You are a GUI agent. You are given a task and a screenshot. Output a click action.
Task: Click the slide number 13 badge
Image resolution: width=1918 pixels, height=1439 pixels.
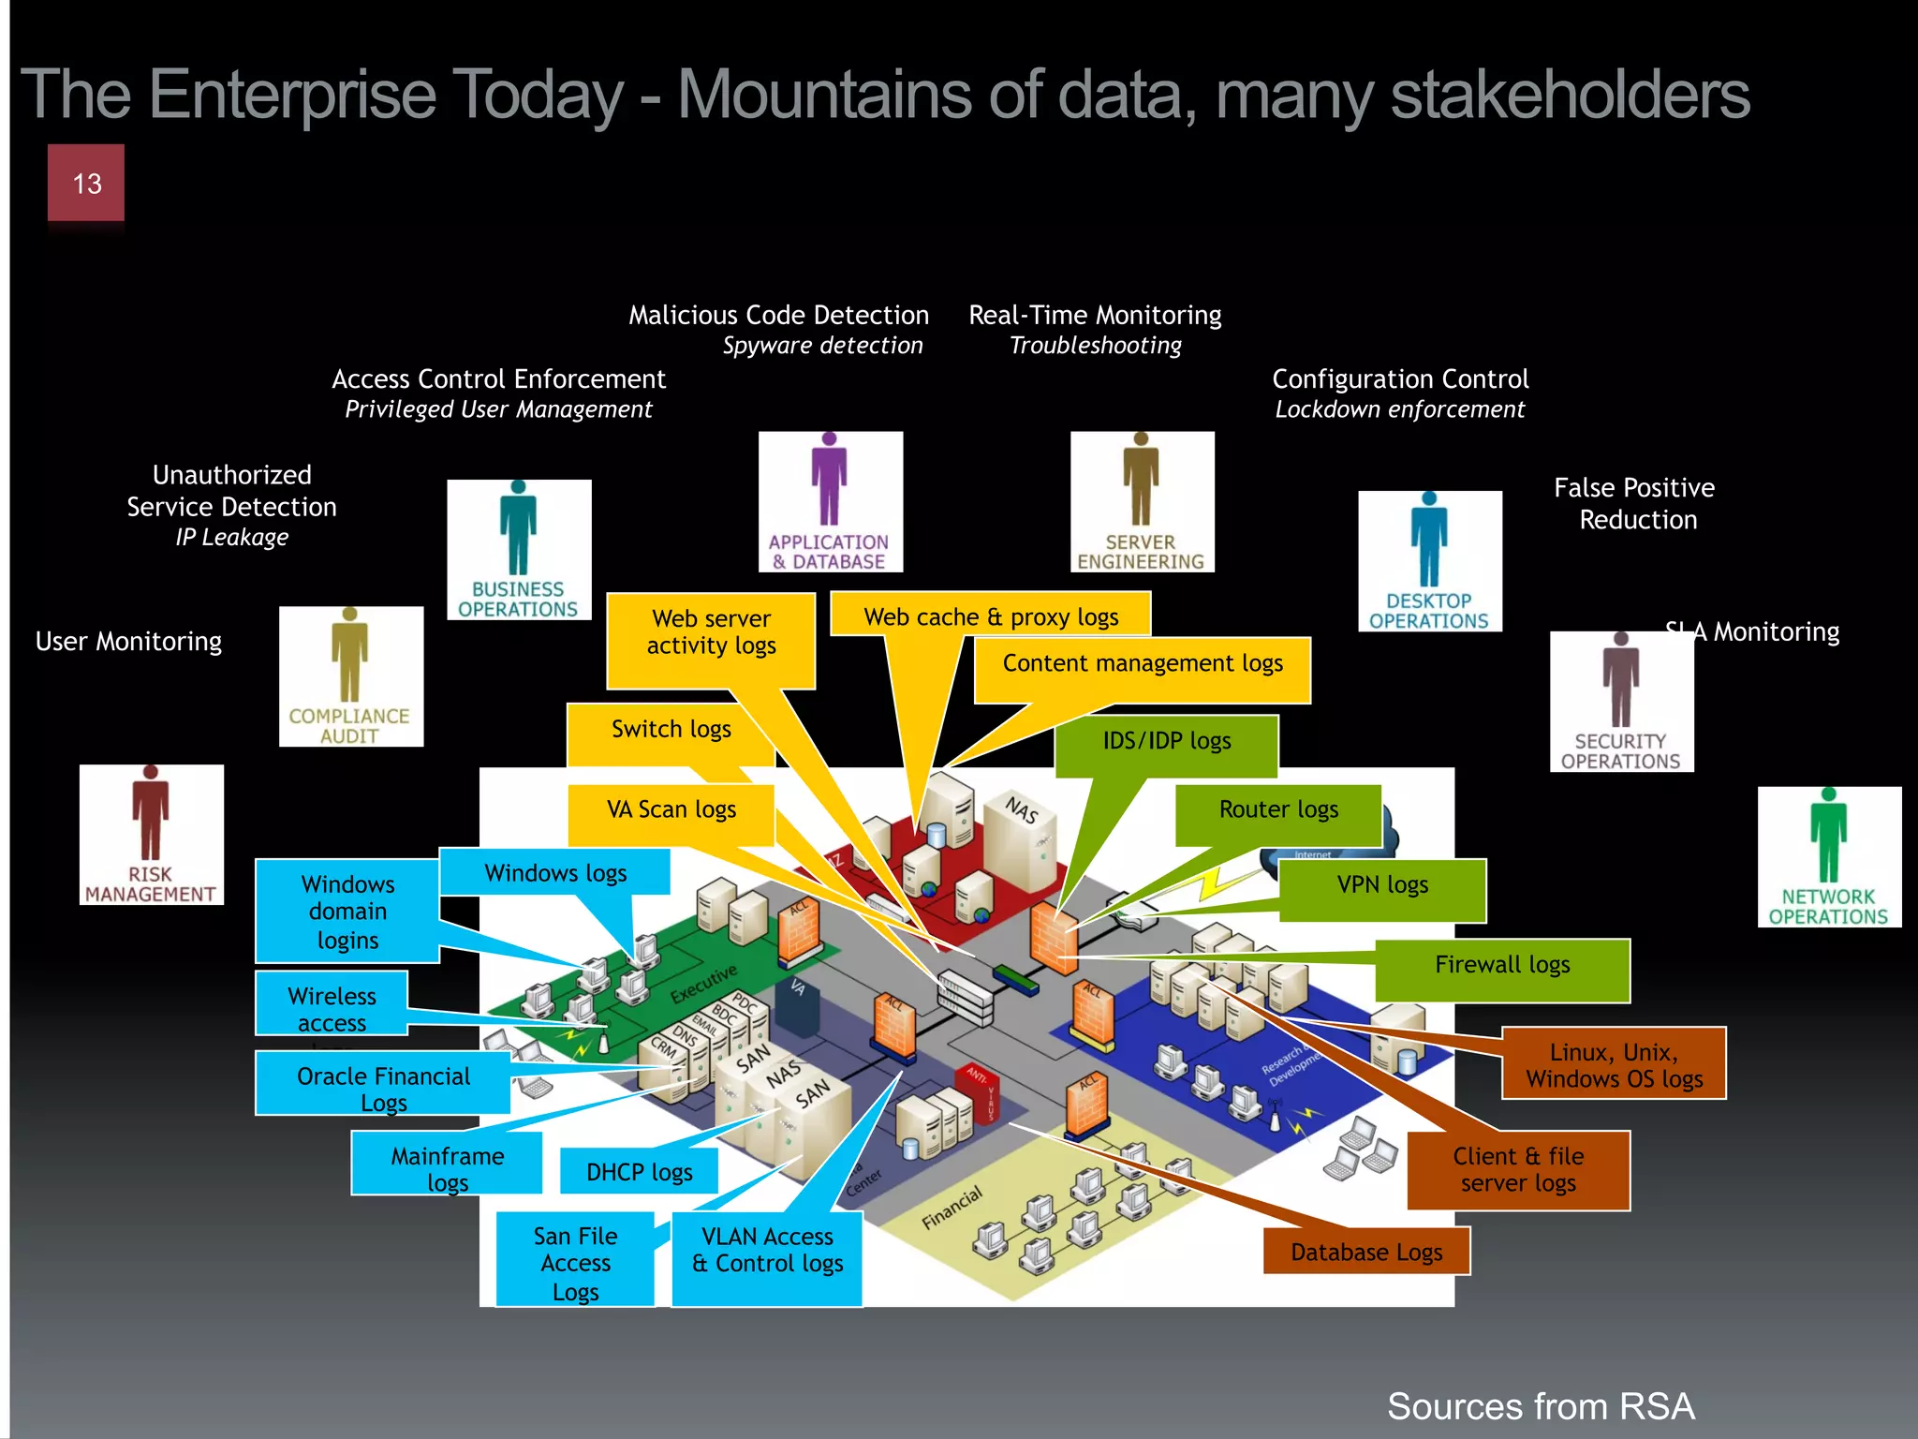pyautogui.click(x=86, y=183)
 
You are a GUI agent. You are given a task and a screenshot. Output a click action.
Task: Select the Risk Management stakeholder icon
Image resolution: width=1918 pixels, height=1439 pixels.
pyautogui.click(x=151, y=835)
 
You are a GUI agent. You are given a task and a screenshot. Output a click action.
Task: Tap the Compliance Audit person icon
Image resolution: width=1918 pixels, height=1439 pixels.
pyautogui.click(x=350, y=676)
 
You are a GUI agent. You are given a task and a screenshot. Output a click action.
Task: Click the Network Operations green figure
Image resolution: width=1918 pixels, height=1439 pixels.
pyautogui.click(x=1828, y=857)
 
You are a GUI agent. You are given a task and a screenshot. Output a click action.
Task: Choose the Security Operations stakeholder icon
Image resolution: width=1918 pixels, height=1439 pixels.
pyautogui.click(x=1621, y=702)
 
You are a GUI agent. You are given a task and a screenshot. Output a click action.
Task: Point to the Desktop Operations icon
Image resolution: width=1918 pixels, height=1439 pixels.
pyautogui.click(x=1429, y=561)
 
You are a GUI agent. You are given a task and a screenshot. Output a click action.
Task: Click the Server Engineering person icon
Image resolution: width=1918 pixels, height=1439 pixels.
pyautogui.click(x=1142, y=502)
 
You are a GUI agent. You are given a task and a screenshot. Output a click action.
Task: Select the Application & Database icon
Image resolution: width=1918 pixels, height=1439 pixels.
pyautogui.click(x=830, y=502)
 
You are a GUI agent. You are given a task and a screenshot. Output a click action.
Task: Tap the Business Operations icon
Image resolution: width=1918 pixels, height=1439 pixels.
pyautogui.click(x=519, y=550)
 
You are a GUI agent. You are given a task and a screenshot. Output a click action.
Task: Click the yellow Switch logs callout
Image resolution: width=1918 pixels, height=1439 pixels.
pyautogui.click(x=671, y=729)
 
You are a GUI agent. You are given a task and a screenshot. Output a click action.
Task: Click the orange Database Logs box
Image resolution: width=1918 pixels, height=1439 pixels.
pyautogui.click(x=1365, y=1252)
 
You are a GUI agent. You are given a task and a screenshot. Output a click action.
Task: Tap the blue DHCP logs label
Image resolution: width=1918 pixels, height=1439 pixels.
pyautogui.click(x=639, y=1172)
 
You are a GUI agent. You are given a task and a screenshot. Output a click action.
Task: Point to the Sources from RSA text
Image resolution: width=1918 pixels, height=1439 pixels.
pyautogui.click(x=1540, y=1406)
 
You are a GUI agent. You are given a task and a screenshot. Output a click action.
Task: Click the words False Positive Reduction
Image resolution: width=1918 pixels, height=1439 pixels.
pyautogui.click(x=1635, y=503)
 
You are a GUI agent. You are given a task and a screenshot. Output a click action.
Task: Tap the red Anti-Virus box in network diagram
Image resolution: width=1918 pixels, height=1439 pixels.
pyautogui.click(x=981, y=1091)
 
